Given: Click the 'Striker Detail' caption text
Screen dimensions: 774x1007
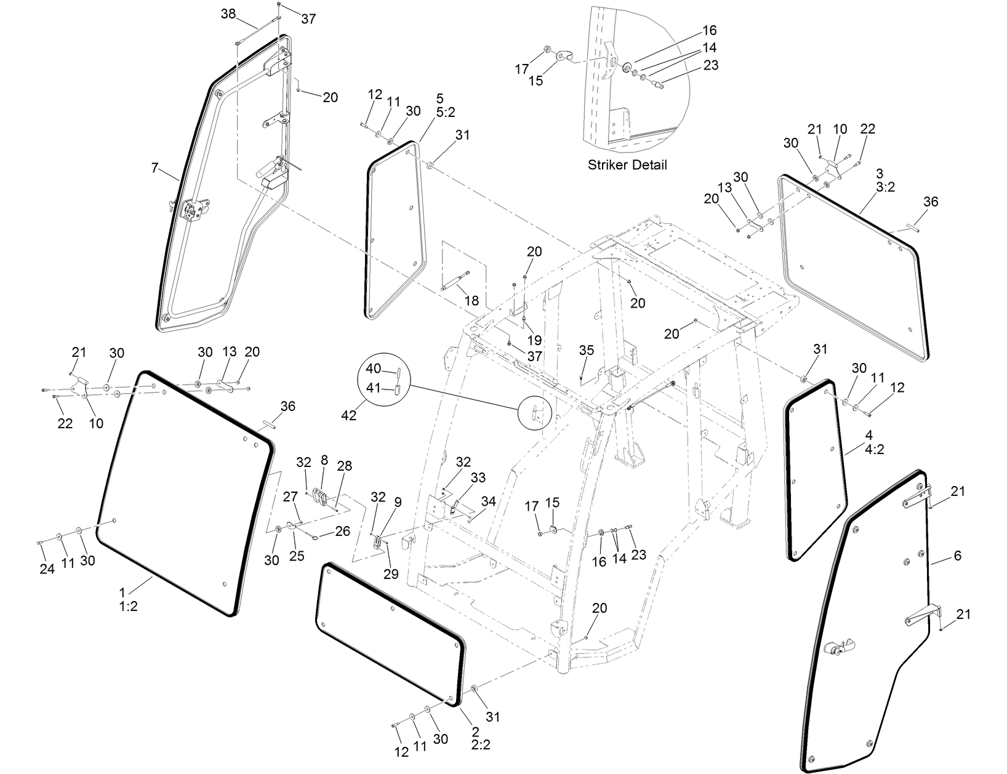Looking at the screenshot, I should [627, 165].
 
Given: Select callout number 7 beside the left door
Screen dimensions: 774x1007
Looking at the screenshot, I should [154, 167].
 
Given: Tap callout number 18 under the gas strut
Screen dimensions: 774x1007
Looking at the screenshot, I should [471, 301].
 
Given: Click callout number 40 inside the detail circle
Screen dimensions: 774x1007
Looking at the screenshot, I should [374, 369].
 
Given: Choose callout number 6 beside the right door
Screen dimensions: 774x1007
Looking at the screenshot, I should [957, 556].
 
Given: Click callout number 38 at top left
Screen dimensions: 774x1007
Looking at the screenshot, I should [228, 14].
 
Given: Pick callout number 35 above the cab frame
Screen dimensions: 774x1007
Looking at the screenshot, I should [587, 350].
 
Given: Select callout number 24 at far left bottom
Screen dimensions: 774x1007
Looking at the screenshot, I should [47, 569].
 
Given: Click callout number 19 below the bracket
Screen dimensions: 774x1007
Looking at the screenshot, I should [534, 340].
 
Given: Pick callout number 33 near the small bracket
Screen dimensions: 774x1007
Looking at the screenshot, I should [478, 477].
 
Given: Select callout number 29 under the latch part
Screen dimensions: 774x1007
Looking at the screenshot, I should [391, 574].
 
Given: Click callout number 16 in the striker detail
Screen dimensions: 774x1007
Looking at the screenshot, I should [710, 30].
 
